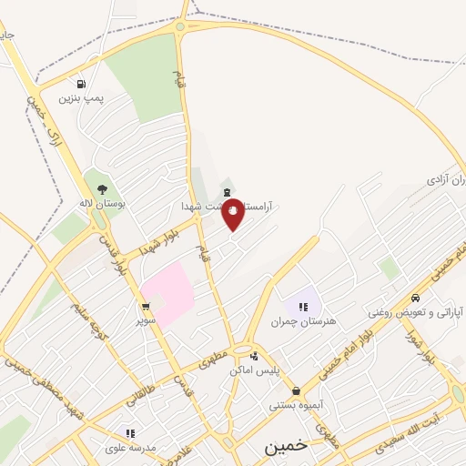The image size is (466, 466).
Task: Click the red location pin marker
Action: (233, 213)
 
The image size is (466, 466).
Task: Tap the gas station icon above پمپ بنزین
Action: (83, 82)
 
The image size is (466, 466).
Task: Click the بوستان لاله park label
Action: (101, 204)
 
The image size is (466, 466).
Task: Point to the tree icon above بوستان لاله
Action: (101, 189)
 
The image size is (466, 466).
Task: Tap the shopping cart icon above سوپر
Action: (145, 307)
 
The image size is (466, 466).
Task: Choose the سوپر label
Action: (146, 320)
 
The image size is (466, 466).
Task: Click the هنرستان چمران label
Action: (297, 321)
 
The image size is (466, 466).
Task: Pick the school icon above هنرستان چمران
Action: (303, 307)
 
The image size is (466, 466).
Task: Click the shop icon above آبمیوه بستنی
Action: (296, 390)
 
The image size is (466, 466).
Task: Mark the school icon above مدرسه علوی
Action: (130, 433)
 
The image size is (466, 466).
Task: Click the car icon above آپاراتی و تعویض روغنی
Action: (415, 298)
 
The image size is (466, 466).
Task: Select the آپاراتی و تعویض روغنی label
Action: (415, 312)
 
